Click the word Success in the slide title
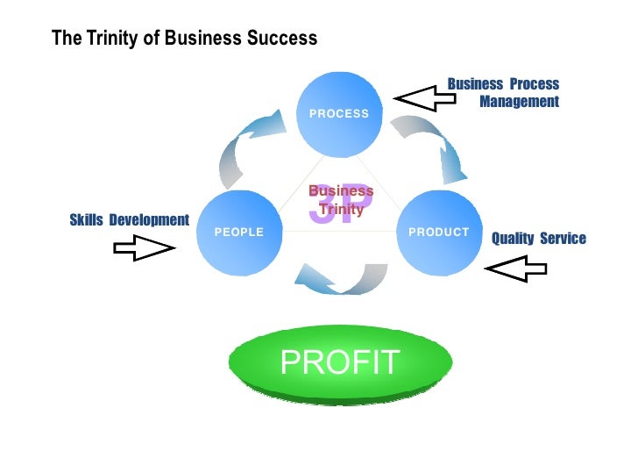click(x=285, y=39)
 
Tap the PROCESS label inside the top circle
click(x=339, y=114)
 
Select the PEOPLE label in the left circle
click(x=238, y=233)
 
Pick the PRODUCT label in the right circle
click(x=439, y=233)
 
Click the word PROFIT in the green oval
click(x=340, y=361)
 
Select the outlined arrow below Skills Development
click(x=143, y=250)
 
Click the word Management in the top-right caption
click(x=519, y=102)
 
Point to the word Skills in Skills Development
click(x=87, y=219)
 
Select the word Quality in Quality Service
click(x=514, y=239)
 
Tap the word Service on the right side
click(x=564, y=239)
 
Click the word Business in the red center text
click(x=341, y=191)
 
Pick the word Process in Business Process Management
click(x=535, y=84)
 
